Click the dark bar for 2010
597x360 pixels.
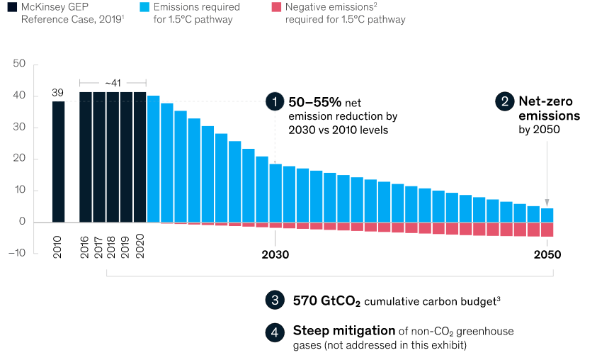[58, 162]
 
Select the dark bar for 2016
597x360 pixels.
[86, 157]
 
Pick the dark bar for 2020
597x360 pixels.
[140, 157]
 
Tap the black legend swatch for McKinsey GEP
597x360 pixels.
[12, 7]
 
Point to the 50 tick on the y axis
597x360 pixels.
[19, 64]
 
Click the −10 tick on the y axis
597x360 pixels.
[17, 253]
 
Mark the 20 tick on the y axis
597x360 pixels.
[19, 159]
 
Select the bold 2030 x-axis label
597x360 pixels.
[275, 254]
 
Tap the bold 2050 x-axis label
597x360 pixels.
[547, 254]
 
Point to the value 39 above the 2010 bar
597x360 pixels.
[58, 92]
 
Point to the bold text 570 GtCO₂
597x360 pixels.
[326, 300]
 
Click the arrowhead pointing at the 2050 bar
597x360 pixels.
[547, 203]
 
